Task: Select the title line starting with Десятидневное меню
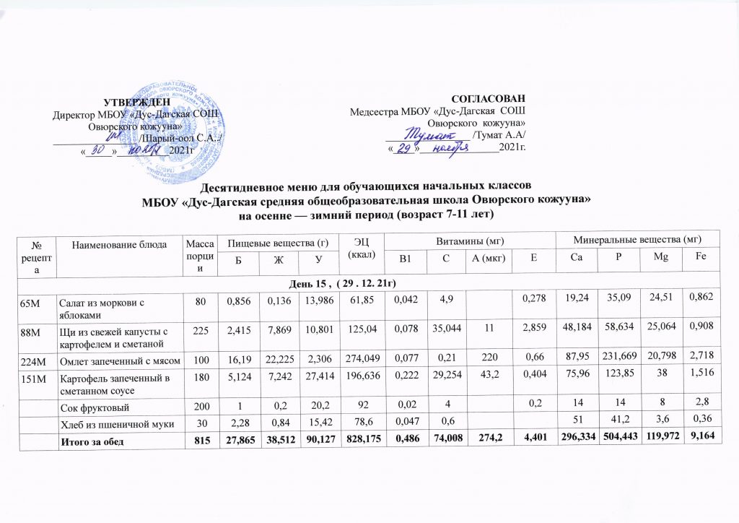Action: coord(369,187)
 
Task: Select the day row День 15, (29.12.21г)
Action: coord(369,280)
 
